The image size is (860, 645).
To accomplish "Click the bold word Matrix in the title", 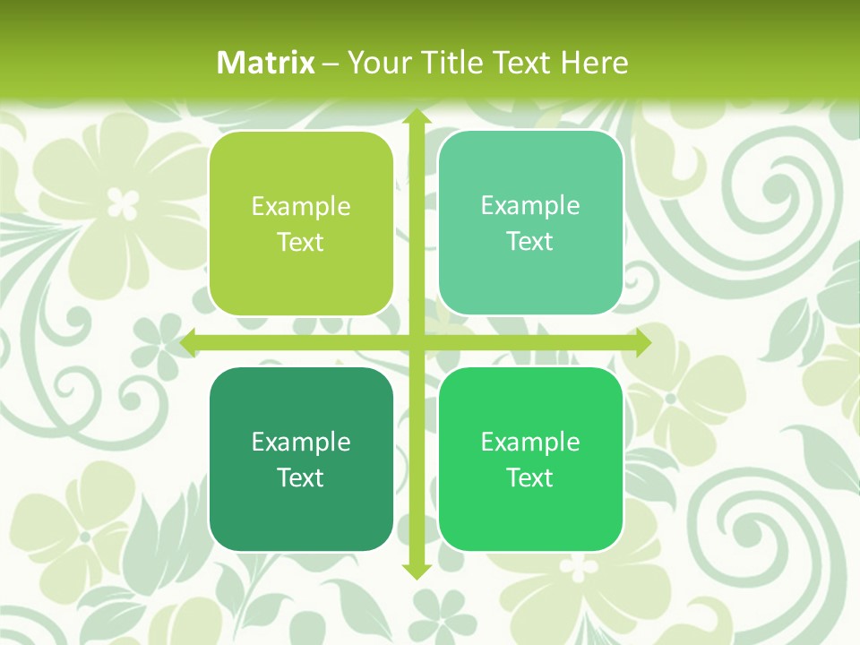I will pyautogui.click(x=266, y=63).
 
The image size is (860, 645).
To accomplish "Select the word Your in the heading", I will pyautogui.click(x=376, y=63).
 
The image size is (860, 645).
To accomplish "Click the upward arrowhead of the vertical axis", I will pyautogui.click(x=416, y=117).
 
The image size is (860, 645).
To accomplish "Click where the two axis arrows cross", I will pyautogui.click(x=416, y=342).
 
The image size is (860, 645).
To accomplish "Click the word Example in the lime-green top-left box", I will pyautogui.click(x=301, y=207).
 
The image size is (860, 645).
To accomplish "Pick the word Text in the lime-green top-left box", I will pyautogui.click(x=301, y=242).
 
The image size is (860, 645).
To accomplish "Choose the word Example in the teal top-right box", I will pyautogui.click(x=530, y=206).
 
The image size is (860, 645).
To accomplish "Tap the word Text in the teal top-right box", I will pyautogui.click(x=530, y=241).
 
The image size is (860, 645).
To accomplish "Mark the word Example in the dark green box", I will pyautogui.click(x=301, y=443).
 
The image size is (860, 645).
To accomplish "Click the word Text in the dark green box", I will pyautogui.click(x=301, y=477).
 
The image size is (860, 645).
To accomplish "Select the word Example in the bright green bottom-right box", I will pyautogui.click(x=530, y=443).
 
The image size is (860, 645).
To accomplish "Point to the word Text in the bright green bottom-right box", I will pyautogui.click(x=530, y=477).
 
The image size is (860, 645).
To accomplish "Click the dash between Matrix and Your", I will pyautogui.click(x=331, y=64).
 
